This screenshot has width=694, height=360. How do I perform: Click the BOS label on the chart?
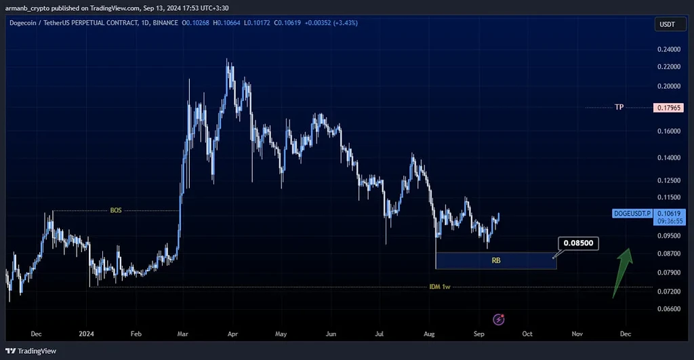116,210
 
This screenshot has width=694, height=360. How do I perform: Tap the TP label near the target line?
619,107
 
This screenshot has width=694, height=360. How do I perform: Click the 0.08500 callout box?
577,243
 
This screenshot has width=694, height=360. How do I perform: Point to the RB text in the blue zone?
497,260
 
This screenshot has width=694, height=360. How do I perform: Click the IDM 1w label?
439,287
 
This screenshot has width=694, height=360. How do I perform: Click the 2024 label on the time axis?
87,334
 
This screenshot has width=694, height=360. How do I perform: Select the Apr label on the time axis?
232,334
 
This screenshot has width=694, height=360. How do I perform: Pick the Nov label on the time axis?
577,334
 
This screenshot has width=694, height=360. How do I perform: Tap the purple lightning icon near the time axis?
499,319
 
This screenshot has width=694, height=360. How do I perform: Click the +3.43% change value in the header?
345,22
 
